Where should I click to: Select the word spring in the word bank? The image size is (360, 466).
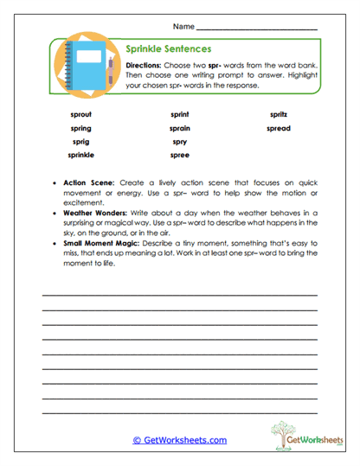80,128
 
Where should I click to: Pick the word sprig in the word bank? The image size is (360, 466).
80,141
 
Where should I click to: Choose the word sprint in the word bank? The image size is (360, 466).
180,114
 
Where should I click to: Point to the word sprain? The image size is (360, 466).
180,128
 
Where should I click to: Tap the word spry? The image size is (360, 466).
180,141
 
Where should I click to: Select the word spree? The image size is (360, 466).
180,155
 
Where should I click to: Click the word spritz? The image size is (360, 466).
279,114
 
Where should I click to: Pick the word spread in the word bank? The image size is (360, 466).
279,128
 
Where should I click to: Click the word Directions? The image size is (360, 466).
144,66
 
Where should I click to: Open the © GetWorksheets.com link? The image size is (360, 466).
179,439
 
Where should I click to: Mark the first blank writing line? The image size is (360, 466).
179,296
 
